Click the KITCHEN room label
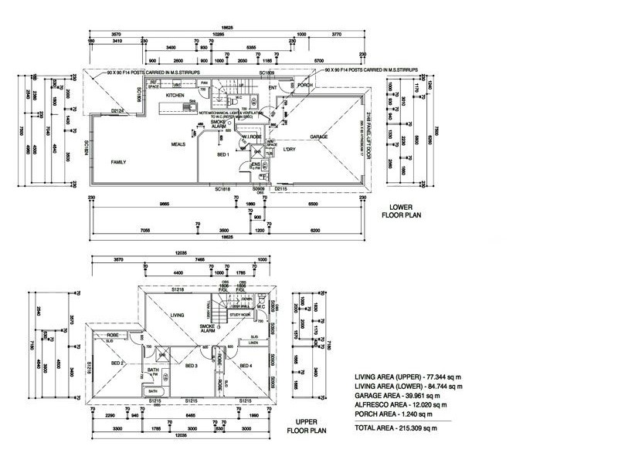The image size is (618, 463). [174, 95]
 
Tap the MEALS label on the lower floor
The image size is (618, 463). [180, 144]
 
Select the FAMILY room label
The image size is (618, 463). [118, 162]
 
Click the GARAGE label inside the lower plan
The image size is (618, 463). [319, 137]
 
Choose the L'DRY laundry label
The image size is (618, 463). [290, 148]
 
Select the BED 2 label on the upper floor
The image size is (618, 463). [117, 363]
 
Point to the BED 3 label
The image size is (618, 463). [191, 366]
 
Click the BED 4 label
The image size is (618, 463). [246, 366]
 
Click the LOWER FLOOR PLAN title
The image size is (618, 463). [400, 211]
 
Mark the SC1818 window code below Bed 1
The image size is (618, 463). [223, 189]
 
